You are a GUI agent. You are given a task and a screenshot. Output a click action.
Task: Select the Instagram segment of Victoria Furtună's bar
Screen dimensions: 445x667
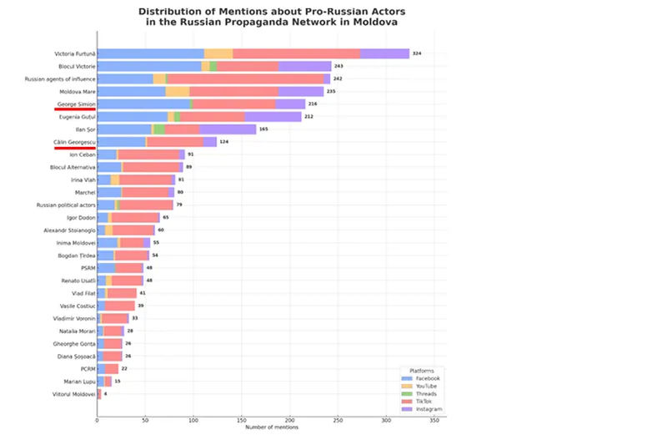tap(384, 53)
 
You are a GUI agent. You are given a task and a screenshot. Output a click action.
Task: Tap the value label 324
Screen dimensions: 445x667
tap(417, 53)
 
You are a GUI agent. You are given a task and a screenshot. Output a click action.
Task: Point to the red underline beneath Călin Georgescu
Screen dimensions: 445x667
tap(74, 148)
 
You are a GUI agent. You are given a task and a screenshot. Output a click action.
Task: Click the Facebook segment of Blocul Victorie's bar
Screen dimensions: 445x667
tap(149, 66)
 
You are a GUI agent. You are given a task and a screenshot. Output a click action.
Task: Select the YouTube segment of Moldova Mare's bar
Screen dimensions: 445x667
tap(178, 92)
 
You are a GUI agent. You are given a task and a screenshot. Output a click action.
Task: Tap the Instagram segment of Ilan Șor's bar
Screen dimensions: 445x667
tap(228, 129)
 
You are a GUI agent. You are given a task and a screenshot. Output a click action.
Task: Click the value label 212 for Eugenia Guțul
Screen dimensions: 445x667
tap(308, 117)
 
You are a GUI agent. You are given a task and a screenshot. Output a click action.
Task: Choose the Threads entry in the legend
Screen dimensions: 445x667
tap(427, 393)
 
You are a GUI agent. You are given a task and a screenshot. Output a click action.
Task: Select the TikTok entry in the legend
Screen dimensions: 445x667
tap(426, 402)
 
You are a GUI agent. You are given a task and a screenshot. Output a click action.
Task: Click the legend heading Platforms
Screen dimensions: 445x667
tap(421, 370)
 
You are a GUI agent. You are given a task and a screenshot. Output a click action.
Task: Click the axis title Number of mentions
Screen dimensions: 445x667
tap(272, 427)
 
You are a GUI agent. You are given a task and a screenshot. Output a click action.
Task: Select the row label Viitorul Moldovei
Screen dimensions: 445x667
tap(73, 393)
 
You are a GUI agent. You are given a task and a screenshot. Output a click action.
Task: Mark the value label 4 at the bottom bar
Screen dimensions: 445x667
tap(105, 393)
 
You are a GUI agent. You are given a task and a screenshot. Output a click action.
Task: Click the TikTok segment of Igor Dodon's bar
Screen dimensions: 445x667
tap(135, 217)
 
